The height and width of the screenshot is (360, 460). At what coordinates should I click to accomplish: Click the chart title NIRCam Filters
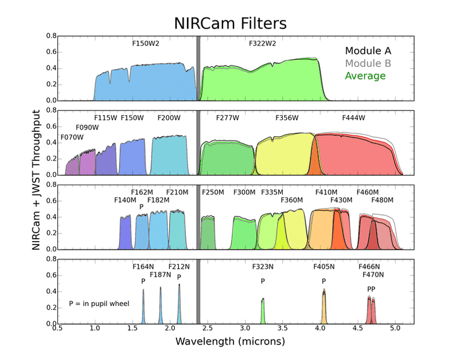click(x=231, y=24)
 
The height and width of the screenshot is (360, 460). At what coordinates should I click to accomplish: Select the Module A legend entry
click(x=368, y=51)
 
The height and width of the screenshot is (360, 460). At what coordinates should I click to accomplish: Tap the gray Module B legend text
click(x=368, y=63)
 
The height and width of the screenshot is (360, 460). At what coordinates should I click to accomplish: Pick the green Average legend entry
click(x=365, y=75)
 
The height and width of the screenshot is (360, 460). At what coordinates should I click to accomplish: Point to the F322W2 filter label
click(x=263, y=43)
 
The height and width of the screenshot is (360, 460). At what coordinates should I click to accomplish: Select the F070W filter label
click(x=72, y=138)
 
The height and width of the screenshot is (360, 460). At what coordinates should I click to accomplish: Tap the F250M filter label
click(x=213, y=192)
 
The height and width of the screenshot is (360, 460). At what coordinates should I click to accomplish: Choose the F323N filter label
click(x=263, y=267)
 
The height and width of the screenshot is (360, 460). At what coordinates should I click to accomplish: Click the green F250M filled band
click(x=208, y=235)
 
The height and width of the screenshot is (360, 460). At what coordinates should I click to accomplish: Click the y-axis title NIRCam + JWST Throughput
click(x=37, y=180)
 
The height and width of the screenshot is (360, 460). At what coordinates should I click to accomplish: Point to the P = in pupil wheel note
click(x=99, y=303)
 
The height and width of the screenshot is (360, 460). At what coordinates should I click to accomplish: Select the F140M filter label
click(x=125, y=200)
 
